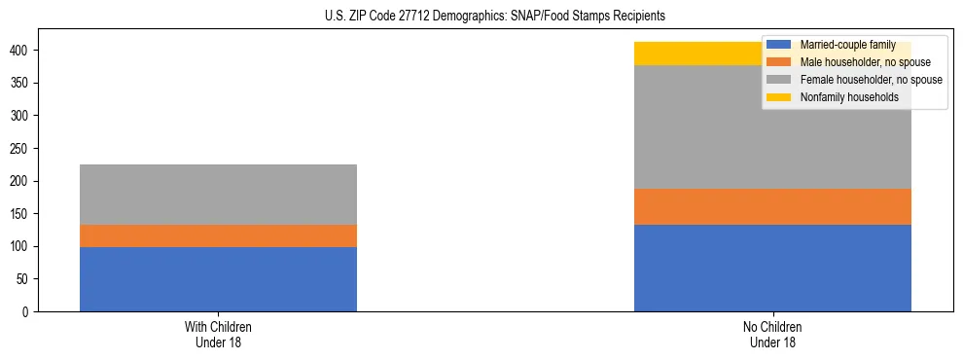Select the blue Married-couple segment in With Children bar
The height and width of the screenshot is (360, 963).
pyautogui.click(x=218, y=279)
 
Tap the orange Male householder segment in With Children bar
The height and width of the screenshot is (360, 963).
pyautogui.click(x=218, y=236)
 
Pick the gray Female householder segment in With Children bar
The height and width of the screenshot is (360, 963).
pyautogui.click(x=218, y=195)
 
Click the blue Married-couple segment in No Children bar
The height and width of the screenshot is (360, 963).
pyautogui.click(x=772, y=269)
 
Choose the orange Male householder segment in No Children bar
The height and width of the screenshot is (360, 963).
pyautogui.click(x=772, y=207)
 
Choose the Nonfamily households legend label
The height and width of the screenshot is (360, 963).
pyautogui.click(x=842, y=97)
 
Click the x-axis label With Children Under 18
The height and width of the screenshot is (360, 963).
pyautogui.click(x=218, y=335)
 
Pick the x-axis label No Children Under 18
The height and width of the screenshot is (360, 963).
pyautogui.click(x=772, y=335)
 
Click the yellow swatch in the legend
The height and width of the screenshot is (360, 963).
pyautogui.click(x=779, y=97)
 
